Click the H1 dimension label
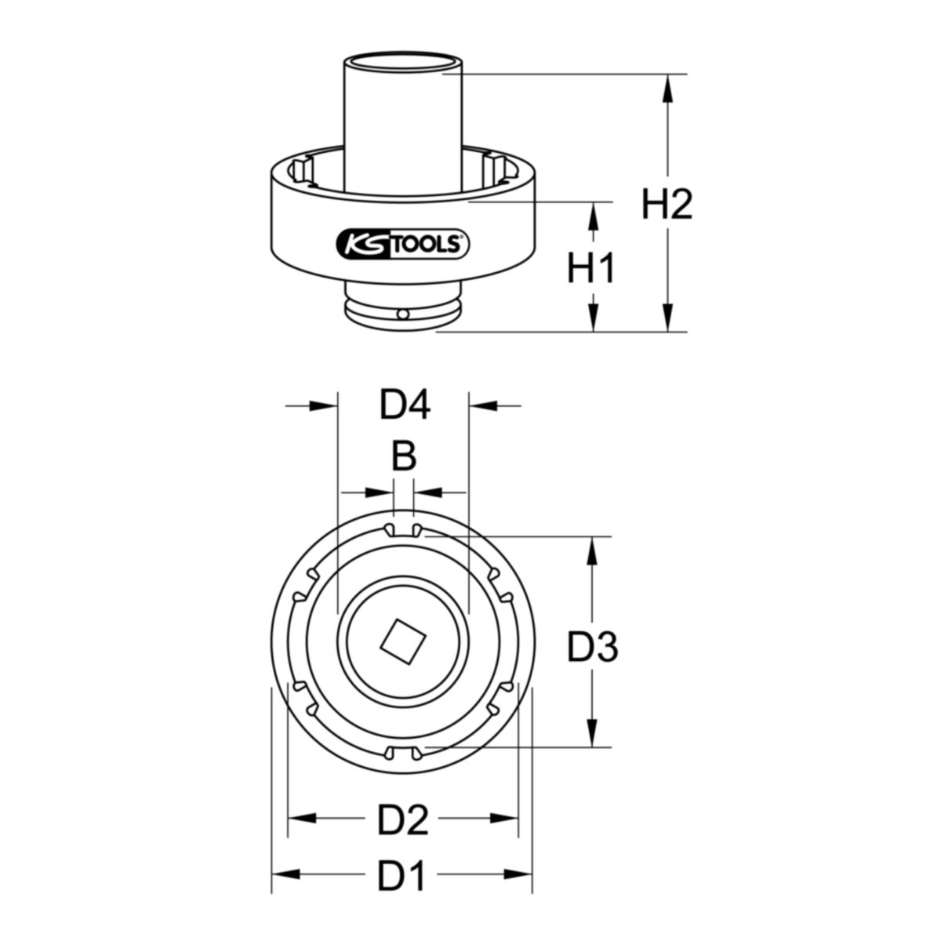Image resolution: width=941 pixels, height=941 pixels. point(590,268)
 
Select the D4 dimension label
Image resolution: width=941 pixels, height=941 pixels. point(405,405)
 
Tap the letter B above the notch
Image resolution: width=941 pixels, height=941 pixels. point(404,456)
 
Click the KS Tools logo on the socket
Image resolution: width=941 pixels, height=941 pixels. point(403,245)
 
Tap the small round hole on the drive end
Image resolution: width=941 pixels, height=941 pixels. point(403,314)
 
